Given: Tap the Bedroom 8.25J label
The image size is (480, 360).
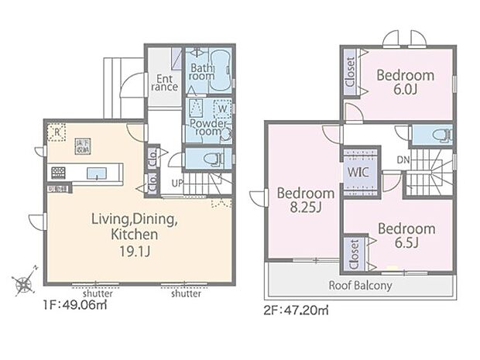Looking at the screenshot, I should click(x=305, y=200).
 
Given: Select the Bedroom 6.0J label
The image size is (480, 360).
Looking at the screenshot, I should click(x=405, y=82).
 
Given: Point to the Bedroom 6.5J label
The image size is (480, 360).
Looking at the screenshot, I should click(x=406, y=236).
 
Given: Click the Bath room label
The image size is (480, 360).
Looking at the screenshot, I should click(x=202, y=72).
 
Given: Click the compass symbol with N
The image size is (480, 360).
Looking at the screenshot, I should click(x=24, y=284).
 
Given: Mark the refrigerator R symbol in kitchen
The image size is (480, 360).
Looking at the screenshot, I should click(x=57, y=132).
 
